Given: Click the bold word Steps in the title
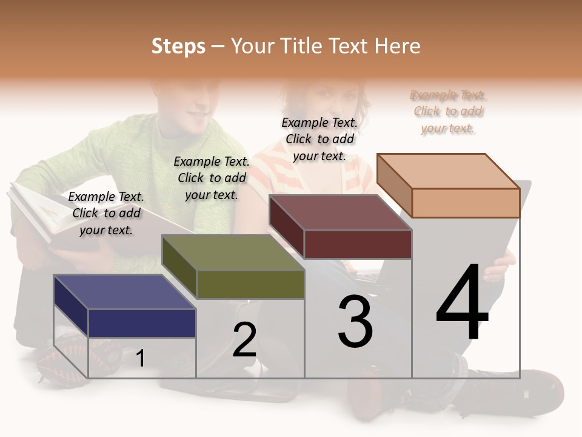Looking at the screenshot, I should pyautogui.click(x=178, y=46).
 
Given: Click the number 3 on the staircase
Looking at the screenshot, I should pyautogui.click(x=355, y=322).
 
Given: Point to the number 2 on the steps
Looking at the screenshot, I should pyautogui.click(x=244, y=340).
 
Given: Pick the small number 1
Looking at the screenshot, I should pyautogui.click(x=140, y=359).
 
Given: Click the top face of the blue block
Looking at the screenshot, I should pyautogui.click(x=124, y=291).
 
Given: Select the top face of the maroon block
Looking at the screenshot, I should pyautogui.click(x=339, y=212).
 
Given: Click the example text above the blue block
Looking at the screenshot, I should pyautogui.click(x=106, y=213).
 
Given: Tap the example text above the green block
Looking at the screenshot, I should pyautogui.click(x=212, y=178).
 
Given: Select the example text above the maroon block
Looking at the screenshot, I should pyautogui.click(x=319, y=139).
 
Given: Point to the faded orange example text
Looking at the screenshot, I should pyautogui.click(x=448, y=111).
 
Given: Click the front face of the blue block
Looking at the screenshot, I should pyautogui.click(x=142, y=323).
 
